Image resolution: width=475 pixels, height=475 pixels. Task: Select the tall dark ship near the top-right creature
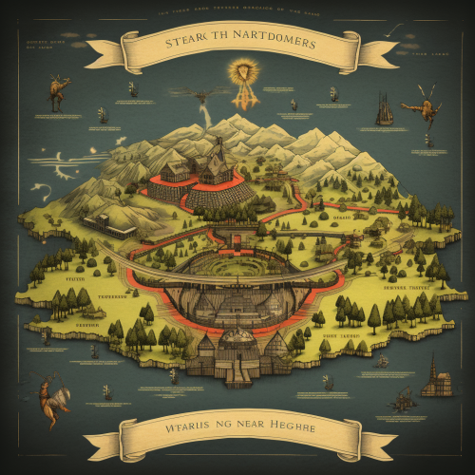tap(385, 109)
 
